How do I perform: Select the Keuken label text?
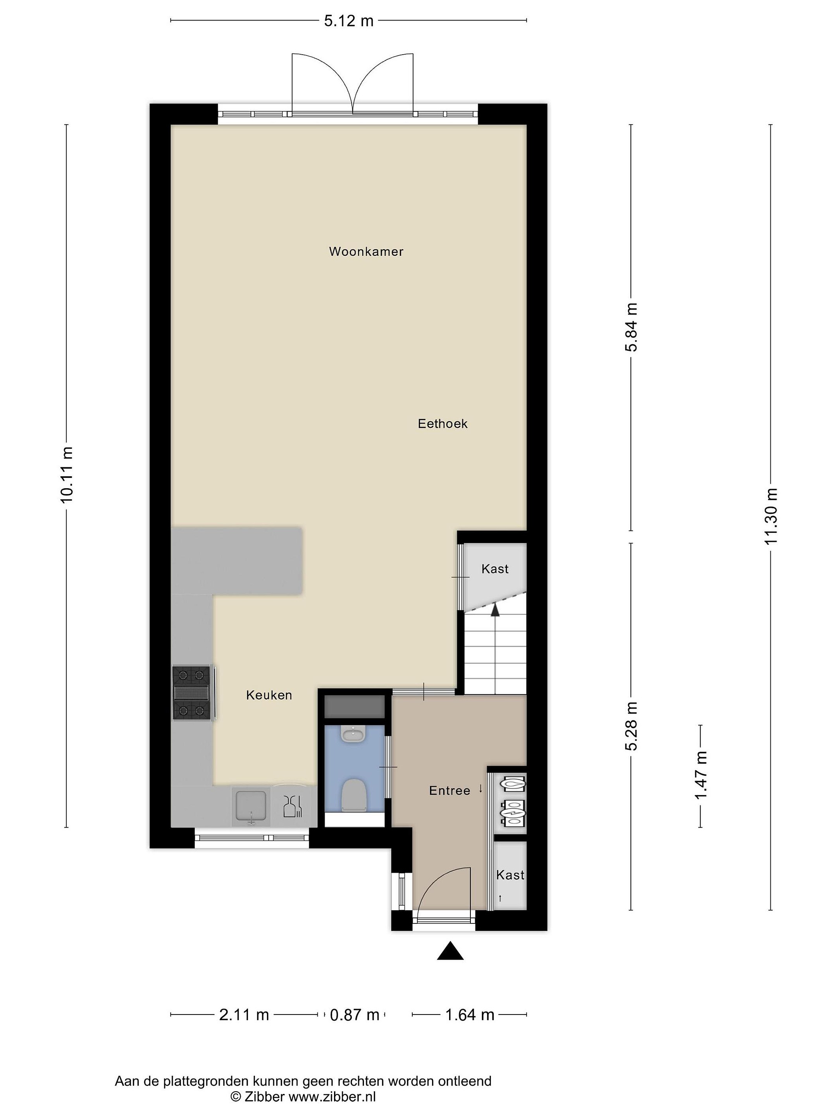point(269,695)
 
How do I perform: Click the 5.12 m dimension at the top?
point(349,21)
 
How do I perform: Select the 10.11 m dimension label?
point(67,474)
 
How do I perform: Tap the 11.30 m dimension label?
point(771,517)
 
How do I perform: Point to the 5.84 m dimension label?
point(631,327)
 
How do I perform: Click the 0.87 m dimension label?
point(354,1014)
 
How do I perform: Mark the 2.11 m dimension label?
point(244,1014)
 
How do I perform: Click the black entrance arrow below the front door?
point(450,951)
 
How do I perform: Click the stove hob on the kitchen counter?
point(192,693)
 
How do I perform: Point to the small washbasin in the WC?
point(353,734)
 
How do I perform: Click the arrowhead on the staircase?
point(495,610)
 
